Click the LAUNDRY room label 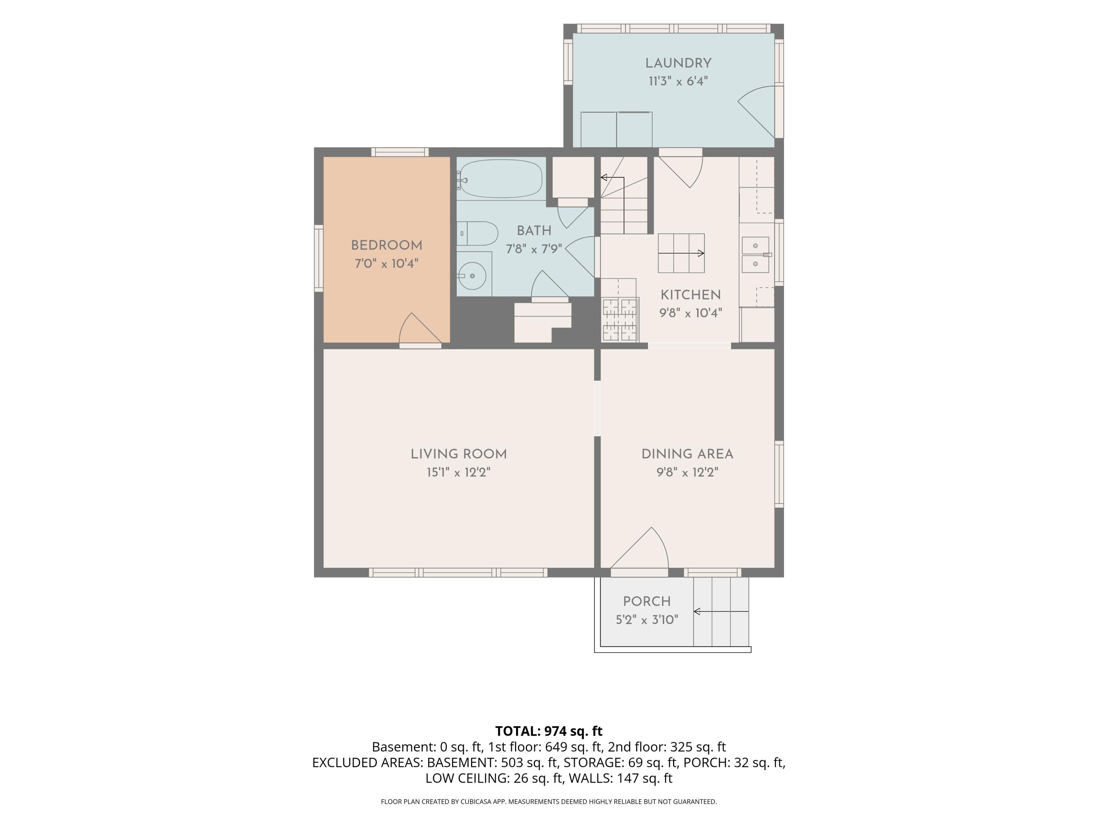click(x=678, y=63)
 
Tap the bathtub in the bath click(x=500, y=179)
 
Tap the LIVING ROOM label click(x=459, y=454)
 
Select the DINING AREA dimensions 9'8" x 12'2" click(x=687, y=472)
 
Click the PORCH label click(x=647, y=601)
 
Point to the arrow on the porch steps click(x=721, y=612)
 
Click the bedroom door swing click(x=420, y=328)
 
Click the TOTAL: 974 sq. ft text click(x=549, y=731)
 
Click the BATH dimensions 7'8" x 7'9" click(x=534, y=249)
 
